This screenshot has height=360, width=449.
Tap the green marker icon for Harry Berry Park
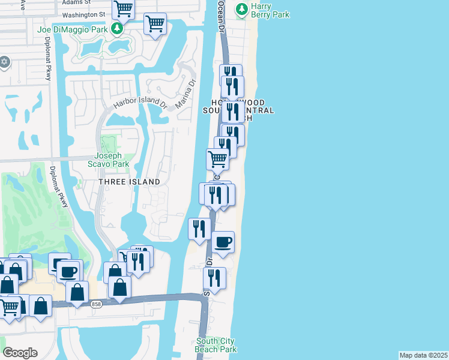tap(242, 10)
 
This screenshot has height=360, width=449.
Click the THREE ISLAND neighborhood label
tap(129, 182)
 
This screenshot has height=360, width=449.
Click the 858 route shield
tap(97, 305)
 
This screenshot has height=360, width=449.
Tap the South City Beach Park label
tap(216, 345)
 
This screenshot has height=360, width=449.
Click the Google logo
tap(20, 353)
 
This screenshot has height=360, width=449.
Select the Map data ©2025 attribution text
tap(424, 355)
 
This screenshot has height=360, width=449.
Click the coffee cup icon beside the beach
tap(223, 242)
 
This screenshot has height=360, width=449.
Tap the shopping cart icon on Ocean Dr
tap(217, 160)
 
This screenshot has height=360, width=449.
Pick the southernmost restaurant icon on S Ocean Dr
tap(214, 278)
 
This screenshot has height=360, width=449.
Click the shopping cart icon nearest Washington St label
tap(123, 8)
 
